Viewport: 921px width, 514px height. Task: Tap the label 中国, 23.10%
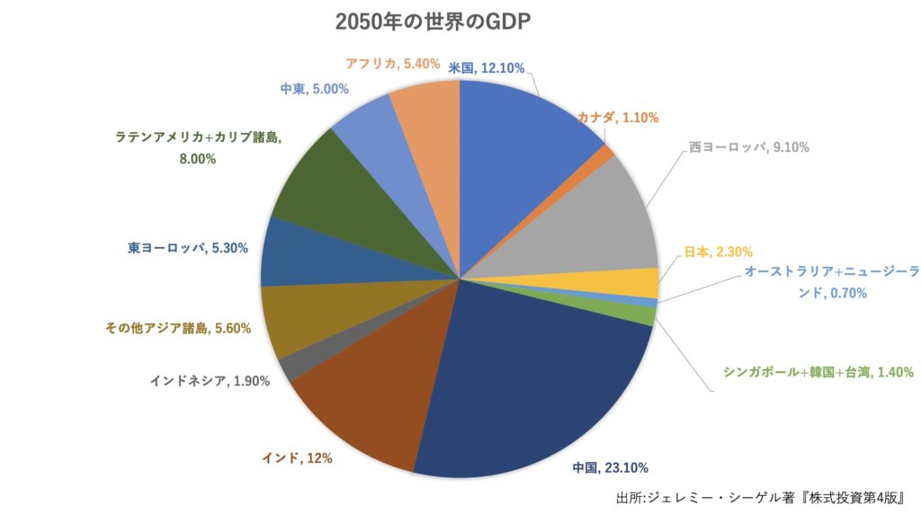[x=610, y=467]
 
